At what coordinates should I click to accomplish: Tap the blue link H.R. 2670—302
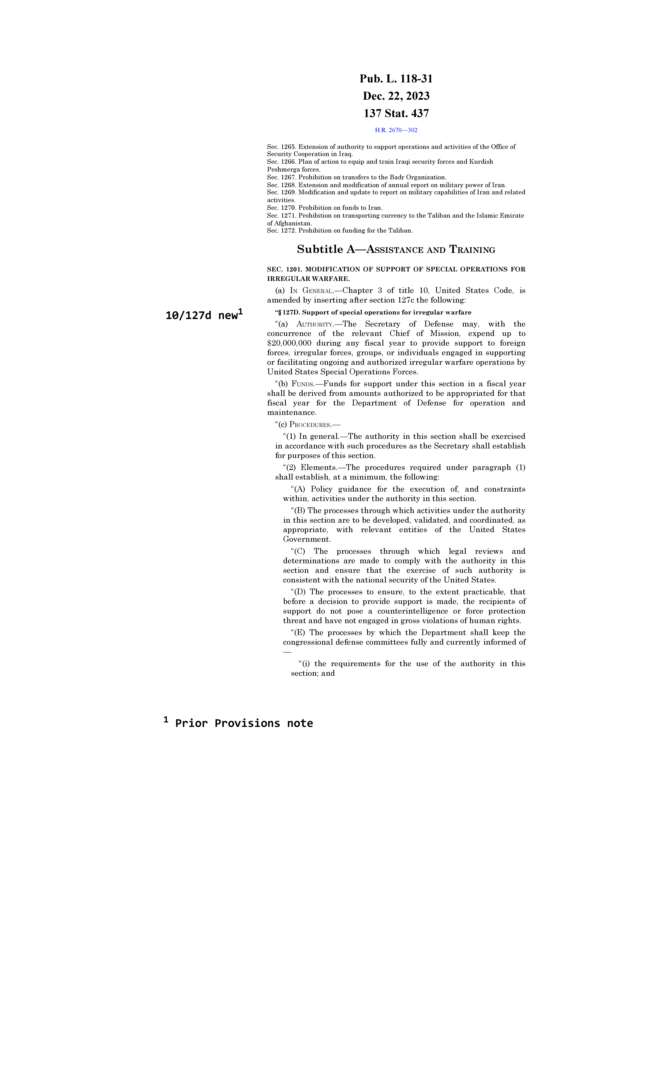[396, 130]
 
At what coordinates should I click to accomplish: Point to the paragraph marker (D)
[299, 592]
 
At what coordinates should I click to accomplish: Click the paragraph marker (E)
[299, 633]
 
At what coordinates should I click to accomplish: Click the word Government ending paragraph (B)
[306, 539]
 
